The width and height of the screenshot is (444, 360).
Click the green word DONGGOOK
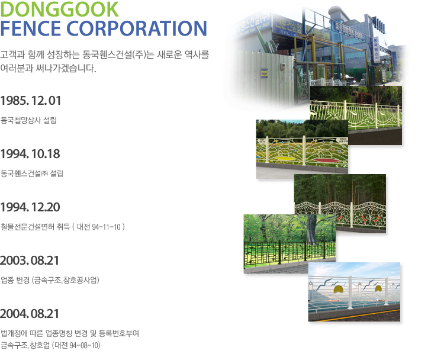59,9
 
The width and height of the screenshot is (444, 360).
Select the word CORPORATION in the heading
137,28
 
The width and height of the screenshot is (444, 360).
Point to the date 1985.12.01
31,101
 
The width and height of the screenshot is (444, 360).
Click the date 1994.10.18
30,154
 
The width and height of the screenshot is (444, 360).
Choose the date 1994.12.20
30,207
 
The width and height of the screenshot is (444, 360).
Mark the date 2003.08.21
30,261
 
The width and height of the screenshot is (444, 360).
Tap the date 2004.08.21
30,314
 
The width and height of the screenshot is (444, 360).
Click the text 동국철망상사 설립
28,120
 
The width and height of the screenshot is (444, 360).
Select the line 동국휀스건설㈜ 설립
32,173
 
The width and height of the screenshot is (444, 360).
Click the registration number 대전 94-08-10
76,345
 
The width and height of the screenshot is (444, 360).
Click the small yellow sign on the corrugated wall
264,73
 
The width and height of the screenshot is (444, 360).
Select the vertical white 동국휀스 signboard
377,49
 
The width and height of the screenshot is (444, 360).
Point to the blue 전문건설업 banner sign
287,25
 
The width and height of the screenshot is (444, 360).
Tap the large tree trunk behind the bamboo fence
312,229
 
